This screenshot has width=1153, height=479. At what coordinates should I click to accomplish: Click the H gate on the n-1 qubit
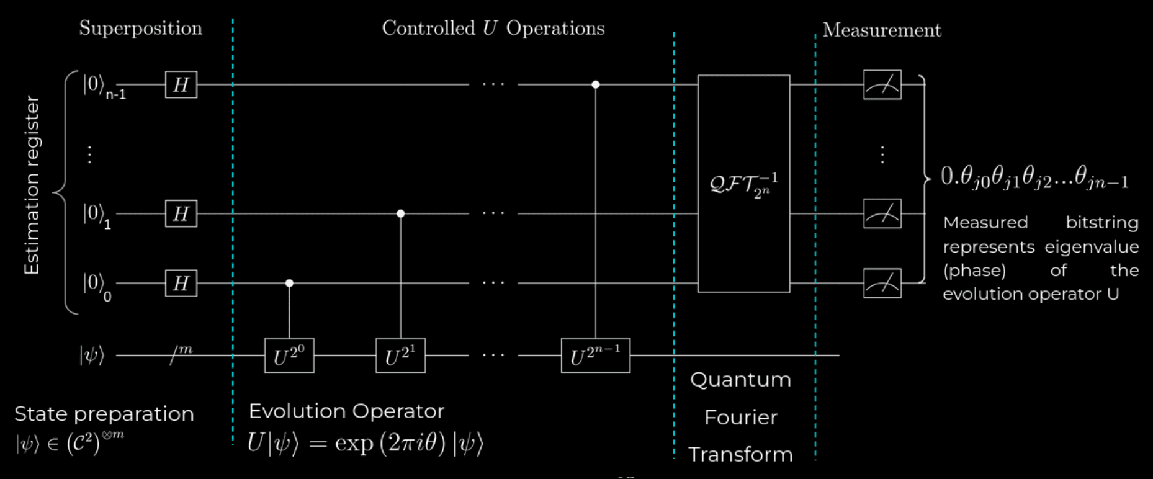coord(181,84)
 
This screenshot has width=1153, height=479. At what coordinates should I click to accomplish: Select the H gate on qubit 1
coord(181,213)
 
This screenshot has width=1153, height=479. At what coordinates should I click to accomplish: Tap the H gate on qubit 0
coord(181,283)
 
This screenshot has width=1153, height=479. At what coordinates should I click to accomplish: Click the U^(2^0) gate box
coord(289,356)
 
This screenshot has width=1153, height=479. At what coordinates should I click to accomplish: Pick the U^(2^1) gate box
coord(400,356)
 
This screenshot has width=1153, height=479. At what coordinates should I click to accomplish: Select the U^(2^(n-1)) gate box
coord(596,356)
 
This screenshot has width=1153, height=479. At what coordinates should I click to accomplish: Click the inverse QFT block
coord(744,184)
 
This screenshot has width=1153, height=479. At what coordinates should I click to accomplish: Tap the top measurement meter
coord(882,84)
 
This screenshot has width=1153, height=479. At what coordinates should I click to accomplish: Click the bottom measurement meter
coord(882,283)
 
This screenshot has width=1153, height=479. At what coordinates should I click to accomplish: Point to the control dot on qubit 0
coord(289,283)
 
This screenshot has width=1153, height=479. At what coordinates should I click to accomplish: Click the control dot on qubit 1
coord(400,213)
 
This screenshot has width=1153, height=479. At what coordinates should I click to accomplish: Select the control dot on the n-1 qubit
coord(596,84)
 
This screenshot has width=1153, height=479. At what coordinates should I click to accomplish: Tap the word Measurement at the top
coord(882,30)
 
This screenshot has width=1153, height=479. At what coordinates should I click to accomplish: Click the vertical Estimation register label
coord(31,185)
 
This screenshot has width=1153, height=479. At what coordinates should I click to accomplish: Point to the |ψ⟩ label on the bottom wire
coord(92,356)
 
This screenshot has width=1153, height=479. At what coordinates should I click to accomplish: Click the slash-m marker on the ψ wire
coord(181,354)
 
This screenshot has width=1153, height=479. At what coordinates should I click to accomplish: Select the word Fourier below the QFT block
coord(741,418)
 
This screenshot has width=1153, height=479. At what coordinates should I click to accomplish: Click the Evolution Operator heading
coord(346,411)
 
